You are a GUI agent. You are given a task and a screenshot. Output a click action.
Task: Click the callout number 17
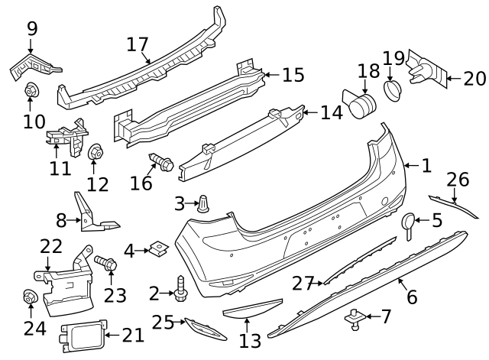coord(137,44)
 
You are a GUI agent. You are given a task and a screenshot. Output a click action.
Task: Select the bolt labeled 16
coord(162,162)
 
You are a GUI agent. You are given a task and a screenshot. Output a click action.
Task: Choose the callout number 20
coord(474,77)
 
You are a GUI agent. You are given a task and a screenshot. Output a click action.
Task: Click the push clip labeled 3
coord(204,204)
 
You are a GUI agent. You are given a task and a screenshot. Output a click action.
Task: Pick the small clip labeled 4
coord(159,248)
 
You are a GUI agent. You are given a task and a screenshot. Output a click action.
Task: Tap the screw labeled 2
coord(180,287)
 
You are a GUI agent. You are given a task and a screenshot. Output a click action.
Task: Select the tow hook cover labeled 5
coord(409,222)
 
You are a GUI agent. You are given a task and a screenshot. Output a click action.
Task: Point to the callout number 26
coord(458,180)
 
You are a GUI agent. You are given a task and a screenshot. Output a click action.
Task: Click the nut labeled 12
coord(96,154)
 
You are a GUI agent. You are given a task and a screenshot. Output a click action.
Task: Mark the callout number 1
coord(426,165)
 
